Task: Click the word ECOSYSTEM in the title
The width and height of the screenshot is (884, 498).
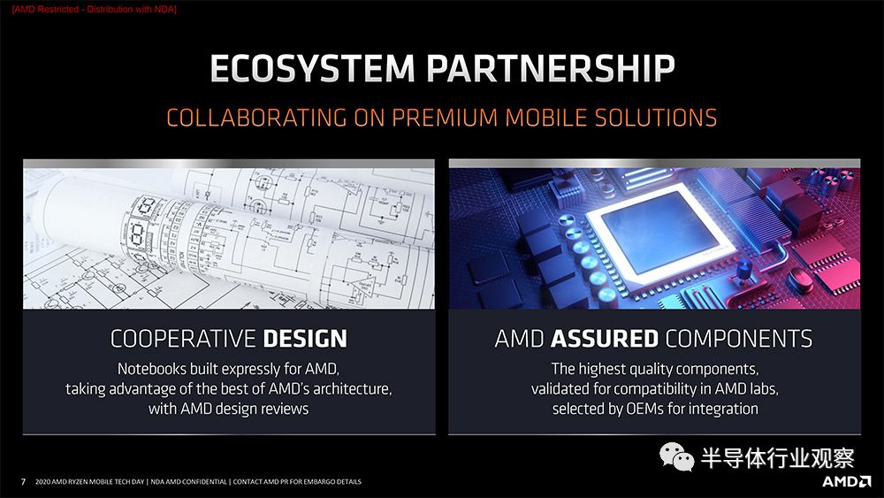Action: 312,68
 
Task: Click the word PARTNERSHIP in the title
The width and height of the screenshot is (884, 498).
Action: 551,68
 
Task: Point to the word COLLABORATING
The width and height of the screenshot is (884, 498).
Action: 256,118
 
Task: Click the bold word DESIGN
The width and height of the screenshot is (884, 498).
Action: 305,339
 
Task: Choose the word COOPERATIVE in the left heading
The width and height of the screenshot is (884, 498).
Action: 183,339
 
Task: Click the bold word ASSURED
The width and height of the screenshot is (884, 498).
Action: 605,339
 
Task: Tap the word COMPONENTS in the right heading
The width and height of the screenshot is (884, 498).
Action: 739,339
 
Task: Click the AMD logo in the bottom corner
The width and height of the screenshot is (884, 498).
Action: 846,481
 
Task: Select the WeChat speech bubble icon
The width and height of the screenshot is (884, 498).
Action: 676,456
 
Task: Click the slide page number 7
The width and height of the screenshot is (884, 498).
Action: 23,482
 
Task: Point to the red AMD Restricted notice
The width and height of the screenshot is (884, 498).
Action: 95,10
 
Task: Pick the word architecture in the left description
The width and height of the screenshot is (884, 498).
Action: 352,388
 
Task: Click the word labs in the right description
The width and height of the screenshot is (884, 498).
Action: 764,388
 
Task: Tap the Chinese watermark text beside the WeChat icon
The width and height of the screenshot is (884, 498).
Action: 777,457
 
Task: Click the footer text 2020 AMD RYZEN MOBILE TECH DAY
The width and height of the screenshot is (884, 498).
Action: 89,482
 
